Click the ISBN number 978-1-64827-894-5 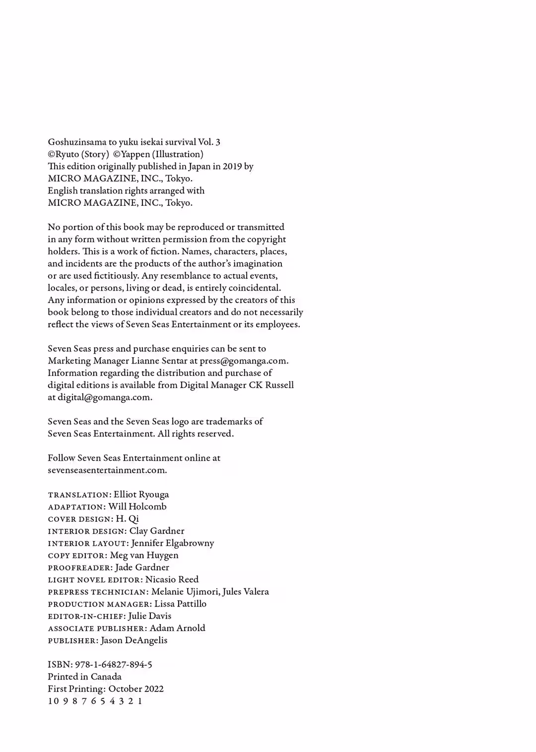tap(114, 665)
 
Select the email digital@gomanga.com tap(104, 397)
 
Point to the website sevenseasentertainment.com tap(107, 470)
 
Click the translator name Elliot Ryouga tap(141, 495)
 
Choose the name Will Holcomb tap(137, 506)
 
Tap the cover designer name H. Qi tap(127, 519)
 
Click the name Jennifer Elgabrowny tap(173, 543)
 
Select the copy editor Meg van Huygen tap(144, 555)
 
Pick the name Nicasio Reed tap(172, 579)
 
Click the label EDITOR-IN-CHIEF tap(85, 616)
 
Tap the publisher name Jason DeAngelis tap(134, 640)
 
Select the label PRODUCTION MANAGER tap(99, 604)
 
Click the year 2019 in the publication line tap(232, 166)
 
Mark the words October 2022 tap(136, 689)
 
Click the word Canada tap(106, 677)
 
